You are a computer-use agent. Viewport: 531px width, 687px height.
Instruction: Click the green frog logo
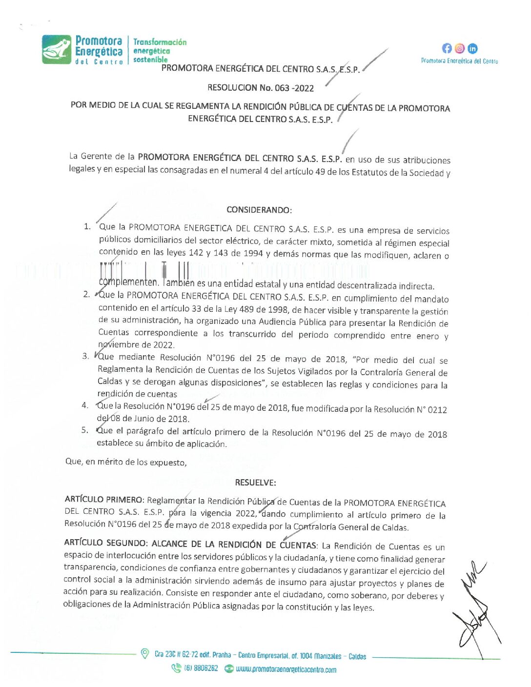(57, 49)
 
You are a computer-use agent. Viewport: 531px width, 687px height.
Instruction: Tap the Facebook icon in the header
(447, 48)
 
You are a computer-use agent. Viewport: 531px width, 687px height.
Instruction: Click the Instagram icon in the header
(460, 48)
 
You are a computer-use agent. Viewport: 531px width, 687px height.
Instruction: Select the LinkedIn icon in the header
(472, 48)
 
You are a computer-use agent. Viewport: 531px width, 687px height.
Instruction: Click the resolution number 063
(282, 88)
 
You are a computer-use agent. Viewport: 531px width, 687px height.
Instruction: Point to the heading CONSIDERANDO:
(259, 210)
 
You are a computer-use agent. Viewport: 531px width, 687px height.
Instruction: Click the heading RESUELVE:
(255, 483)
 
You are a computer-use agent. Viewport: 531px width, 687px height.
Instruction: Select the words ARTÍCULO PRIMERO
(104, 499)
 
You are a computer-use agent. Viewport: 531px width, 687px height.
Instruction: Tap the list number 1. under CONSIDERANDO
(87, 226)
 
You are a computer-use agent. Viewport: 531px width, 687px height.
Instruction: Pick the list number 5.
(85, 430)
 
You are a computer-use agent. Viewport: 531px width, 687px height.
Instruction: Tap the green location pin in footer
(144, 653)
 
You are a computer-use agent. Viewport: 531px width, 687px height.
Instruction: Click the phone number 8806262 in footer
(205, 668)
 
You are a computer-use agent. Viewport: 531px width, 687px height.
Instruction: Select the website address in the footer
(286, 669)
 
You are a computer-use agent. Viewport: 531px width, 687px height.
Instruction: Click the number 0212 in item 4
(437, 410)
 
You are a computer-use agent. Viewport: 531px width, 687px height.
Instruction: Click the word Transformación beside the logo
(160, 42)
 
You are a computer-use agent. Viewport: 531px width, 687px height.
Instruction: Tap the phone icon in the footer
(176, 668)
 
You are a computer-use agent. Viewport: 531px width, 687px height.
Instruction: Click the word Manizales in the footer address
(327, 656)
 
